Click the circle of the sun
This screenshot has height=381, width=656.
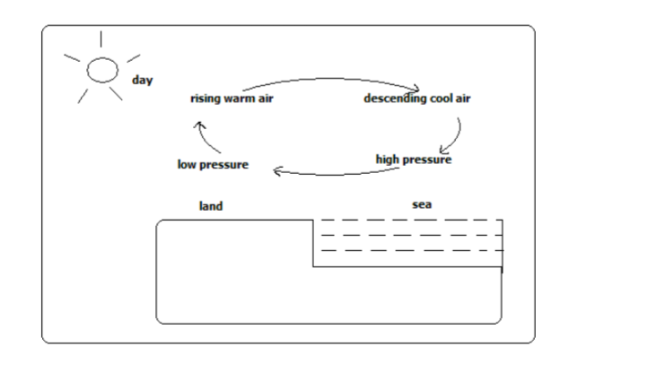click(x=101, y=69)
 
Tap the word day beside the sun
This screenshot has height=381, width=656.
click(x=143, y=80)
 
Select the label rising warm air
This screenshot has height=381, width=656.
click(x=232, y=99)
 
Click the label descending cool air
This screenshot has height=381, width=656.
click(x=416, y=99)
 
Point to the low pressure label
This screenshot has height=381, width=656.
click(x=213, y=165)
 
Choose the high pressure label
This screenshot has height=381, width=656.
click(x=413, y=160)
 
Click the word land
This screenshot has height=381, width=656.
click(x=211, y=206)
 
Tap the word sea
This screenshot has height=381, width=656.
click(x=422, y=204)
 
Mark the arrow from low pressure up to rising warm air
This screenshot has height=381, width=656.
click(x=210, y=139)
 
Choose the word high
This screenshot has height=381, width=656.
click(x=389, y=160)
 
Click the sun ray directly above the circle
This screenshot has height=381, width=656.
click(x=101, y=39)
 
